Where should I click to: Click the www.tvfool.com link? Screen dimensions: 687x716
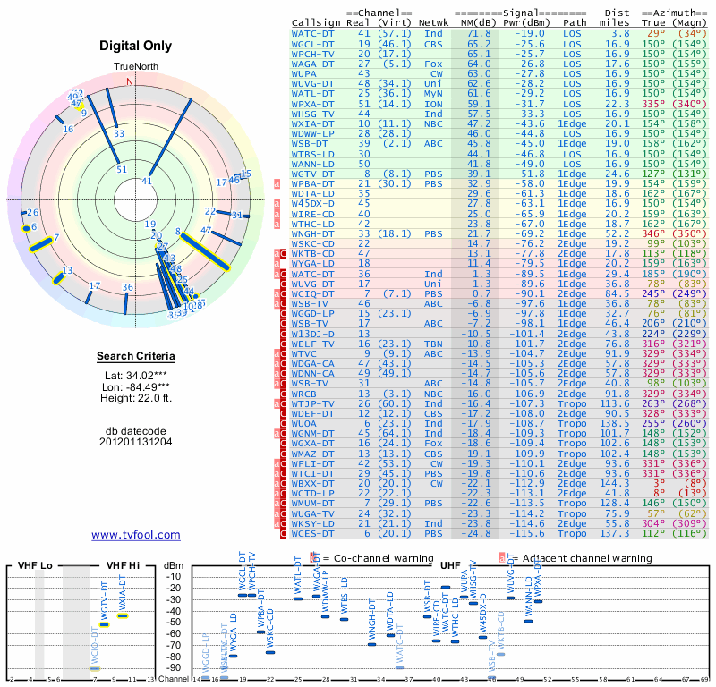(x=136, y=535)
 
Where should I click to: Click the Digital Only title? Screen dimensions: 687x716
(x=135, y=46)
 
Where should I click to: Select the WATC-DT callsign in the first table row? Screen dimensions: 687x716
(x=312, y=33)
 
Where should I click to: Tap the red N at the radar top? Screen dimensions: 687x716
(x=130, y=81)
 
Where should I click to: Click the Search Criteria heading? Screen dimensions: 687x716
(x=135, y=357)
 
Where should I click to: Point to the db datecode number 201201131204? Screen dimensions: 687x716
(x=135, y=441)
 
